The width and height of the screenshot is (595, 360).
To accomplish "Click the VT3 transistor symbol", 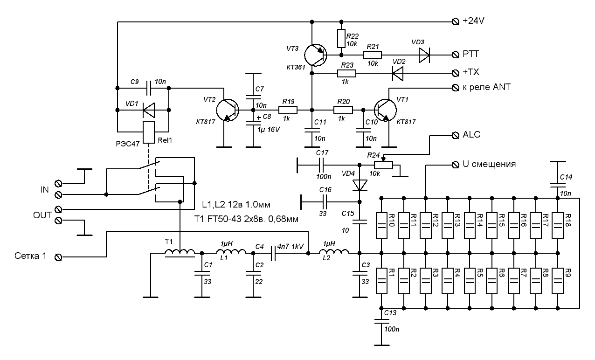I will pyautogui.click(x=315, y=55).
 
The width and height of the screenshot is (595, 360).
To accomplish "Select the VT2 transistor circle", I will pyautogui.click(x=228, y=111).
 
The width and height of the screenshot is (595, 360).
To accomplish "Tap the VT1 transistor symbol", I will pyautogui.click(x=385, y=111).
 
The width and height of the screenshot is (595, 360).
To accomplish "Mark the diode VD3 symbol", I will pyautogui.click(x=423, y=55).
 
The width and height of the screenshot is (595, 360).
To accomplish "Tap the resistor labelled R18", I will pyautogui.click(x=557, y=223).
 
